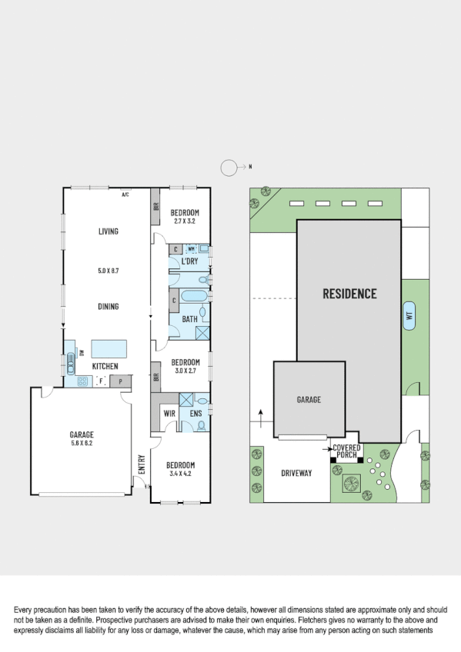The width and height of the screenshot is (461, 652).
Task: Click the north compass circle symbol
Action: pos(229,167)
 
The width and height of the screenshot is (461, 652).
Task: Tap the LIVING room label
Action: pos(108,231)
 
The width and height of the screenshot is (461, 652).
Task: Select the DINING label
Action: pos(108,307)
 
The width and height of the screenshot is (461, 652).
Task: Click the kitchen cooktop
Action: pos(82,381)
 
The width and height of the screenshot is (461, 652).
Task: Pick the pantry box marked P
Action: pos(120,381)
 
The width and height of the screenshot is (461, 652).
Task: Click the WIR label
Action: pos(171,414)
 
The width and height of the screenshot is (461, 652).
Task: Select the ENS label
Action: pos(195,414)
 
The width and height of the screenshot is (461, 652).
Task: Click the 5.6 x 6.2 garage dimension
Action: pos(81,444)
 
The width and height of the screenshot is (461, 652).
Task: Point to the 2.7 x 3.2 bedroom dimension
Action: pos(185,221)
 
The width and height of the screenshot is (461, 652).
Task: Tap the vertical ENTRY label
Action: pos(142,464)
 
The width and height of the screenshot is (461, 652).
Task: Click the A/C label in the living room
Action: pos(125,195)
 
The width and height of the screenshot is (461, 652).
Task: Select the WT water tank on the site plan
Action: pos(409,316)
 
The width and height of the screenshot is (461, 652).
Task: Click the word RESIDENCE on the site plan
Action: pos(349,294)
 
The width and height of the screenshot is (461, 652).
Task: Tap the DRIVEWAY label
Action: pos(296,473)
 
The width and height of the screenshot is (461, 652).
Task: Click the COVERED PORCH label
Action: pos(346,451)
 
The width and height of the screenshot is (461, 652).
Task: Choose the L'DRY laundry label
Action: pos(189,262)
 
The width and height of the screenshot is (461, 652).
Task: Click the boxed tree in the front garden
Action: pos(352,484)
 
